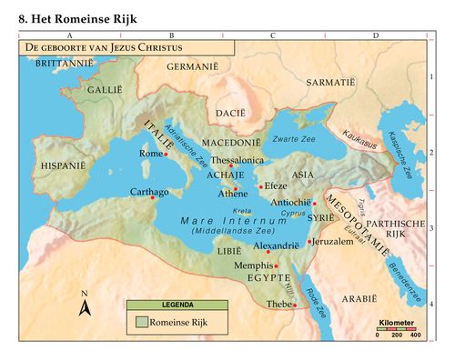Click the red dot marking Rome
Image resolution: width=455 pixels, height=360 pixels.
pyautogui.click(x=166, y=155)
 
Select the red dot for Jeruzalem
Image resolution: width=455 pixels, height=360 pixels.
pyautogui.click(x=310, y=242)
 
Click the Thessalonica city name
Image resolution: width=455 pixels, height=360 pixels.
pyautogui.click(x=237, y=158)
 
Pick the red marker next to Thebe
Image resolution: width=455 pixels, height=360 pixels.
pyautogui.click(x=295, y=305)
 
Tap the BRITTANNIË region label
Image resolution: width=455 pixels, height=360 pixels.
pyautogui.click(x=64, y=65)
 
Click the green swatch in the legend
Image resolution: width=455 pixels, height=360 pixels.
pyautogui.click(x=141, y=321)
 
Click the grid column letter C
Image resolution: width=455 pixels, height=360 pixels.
pyautogui.click(x=272, y=35)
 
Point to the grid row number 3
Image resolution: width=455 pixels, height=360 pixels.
pyautogui.click(x=431, y=229)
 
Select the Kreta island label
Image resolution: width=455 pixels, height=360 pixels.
pyautogui.click(x=243, y=210)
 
